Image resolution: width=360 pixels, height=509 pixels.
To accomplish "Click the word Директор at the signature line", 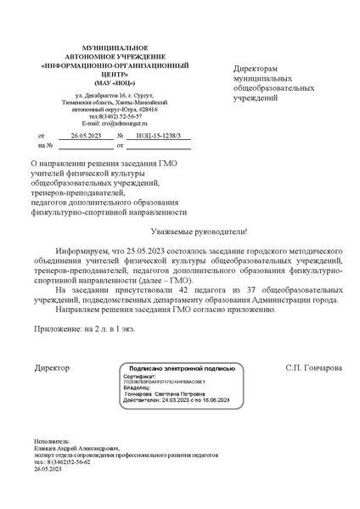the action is pyautogui.click(x=52, y=369).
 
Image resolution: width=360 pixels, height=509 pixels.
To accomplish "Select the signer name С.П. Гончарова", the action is pyautogui.click(x=314, y=369).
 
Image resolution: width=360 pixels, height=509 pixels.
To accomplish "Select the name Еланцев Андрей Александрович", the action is pyautogui.click(x=76, y=449).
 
